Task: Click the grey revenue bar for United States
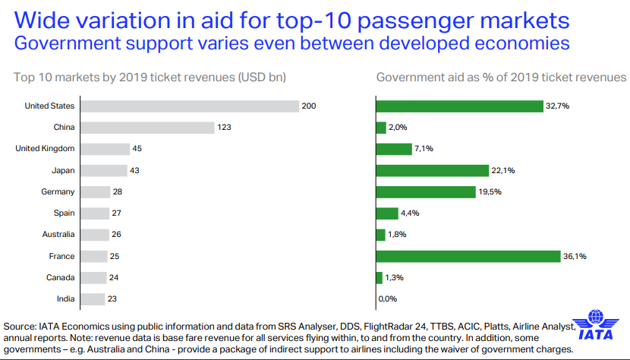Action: pyautogui.click(x=190, y=106)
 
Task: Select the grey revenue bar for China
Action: pyautogui.click(x=147, y=127)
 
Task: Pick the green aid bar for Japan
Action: pyautogui.click(x=433, y=170)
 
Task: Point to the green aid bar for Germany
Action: pyautogui.click(x=428, y=191)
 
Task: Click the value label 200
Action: pyautogui.click(x=309, y=106)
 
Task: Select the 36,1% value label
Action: pyautogui.click(x=575, y=256)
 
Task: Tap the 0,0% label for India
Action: pyautogui.click(x=388, y=299)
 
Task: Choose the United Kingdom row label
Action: pyautogui.click(x=45, y=148)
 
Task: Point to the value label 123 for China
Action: pyautogui.click(x=224, y=127)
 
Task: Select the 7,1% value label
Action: pyautogui.click(x=424, y=149)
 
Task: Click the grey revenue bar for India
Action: pyautogui.click(x=93, y=299)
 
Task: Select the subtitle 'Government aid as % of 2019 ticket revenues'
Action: pyautogui.click(x=501, y=77)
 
